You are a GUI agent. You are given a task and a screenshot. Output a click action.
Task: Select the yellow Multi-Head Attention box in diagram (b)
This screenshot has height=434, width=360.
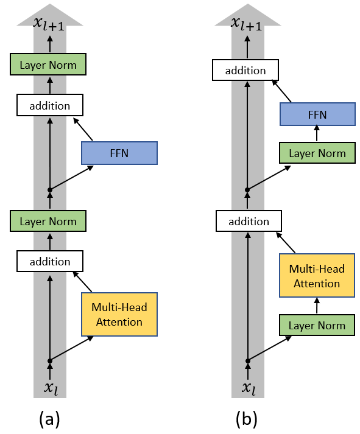[x=317, y=276]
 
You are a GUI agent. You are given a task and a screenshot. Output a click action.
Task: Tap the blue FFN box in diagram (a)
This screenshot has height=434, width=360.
[x=119, y=153]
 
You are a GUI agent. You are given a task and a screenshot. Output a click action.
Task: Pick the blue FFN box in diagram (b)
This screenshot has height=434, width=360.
[x=317, y=115]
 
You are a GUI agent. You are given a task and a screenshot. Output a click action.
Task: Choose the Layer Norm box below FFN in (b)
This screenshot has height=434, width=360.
[x=317, y=153]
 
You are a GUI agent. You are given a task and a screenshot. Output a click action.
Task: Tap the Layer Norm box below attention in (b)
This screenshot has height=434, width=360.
[x=317, y=325]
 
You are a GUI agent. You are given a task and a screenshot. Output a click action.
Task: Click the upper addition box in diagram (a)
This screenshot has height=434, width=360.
[x=49, y=105]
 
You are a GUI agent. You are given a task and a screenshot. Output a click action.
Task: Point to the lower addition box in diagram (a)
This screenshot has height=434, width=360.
[x=49, y=261]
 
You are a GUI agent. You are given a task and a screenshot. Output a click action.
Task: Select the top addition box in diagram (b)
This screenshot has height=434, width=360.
[x=246, y=70]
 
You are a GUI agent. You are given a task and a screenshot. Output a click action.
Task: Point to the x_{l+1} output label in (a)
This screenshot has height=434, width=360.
[x=50, y=24]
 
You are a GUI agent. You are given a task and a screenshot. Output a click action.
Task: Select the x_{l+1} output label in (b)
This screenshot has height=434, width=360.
[x=247, y=24]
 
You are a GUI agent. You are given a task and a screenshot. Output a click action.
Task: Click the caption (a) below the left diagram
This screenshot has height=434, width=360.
[x=49, y=419]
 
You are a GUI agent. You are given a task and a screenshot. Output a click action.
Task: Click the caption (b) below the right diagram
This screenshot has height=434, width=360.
[x=247, y=419]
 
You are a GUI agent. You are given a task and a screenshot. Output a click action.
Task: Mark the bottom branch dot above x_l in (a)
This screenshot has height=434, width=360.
[x=50, y=361]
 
